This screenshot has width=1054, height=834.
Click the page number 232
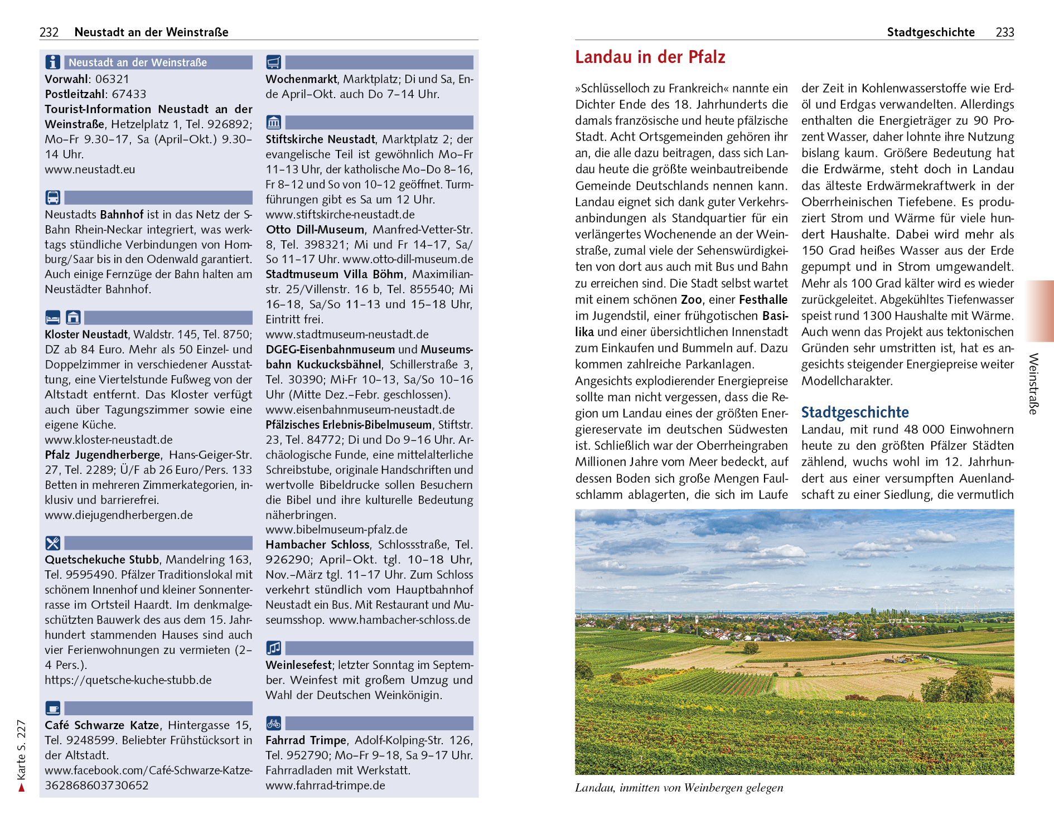49,32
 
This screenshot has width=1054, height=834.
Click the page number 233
1004,32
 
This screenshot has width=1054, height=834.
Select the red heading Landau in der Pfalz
650,57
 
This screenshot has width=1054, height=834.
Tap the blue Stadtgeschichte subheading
854,413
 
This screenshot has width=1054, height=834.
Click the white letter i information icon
53,62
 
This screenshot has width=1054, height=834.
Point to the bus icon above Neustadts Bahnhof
53,197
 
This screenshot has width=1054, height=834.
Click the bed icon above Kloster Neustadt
53,318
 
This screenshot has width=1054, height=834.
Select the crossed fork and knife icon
53,543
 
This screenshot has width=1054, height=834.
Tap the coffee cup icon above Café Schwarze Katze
53,709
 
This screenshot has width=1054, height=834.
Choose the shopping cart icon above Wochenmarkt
273,62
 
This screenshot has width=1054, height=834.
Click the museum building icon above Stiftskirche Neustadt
273,122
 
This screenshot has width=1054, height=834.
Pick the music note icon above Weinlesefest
273,648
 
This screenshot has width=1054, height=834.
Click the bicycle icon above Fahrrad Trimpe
273,724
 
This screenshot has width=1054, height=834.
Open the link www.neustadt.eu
90,169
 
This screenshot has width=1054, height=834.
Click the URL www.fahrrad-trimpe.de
325,785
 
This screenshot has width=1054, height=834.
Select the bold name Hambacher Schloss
317,545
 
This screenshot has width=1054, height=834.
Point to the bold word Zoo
691,300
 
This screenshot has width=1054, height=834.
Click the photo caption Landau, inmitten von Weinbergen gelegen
679,788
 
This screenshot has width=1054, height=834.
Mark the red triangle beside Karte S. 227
22,787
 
